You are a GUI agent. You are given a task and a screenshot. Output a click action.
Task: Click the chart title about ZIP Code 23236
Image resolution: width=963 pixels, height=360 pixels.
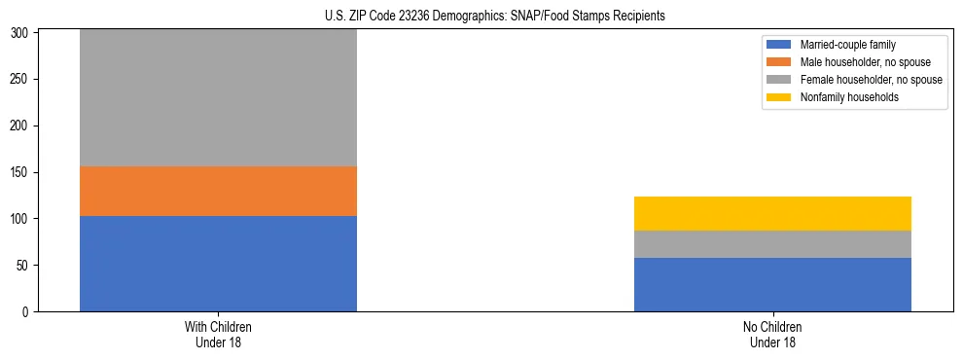[x=495, y=17]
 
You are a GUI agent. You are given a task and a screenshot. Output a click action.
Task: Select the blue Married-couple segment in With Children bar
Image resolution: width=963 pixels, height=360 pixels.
[x=218, y=264]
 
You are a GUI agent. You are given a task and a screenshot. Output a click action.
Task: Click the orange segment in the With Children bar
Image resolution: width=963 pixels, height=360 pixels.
[x=218, y=191]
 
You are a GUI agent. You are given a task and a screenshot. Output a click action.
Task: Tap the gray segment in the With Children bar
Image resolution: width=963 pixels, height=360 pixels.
[x=218, y=97]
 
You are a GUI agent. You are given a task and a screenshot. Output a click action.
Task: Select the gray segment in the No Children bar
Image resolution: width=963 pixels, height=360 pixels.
[x=772, y=244]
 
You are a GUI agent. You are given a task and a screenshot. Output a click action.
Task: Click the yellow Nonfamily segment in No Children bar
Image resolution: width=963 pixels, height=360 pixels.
[x=772, y=213]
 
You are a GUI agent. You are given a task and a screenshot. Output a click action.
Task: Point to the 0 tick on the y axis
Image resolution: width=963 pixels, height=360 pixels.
[x=28, y=312]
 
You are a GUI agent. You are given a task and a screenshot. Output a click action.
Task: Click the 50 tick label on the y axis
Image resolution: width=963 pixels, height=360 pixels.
[x=25, y=266]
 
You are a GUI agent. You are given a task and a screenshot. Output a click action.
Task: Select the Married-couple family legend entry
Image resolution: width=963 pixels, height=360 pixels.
[x=844, y=45]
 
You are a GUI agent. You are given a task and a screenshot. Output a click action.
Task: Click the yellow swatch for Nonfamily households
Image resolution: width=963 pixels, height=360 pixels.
[x=779, y=97]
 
